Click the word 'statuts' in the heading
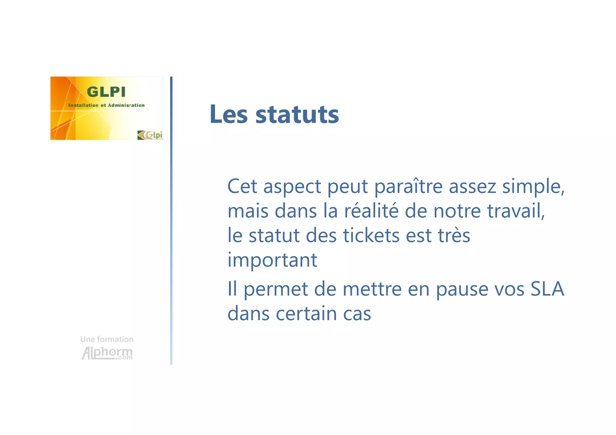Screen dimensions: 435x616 click(297, 115)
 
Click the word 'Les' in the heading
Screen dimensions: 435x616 click(229, 115)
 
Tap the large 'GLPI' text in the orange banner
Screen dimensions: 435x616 click(106, 92)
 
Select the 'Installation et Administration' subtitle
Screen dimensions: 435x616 click(106, 105)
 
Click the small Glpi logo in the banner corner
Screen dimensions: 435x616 click(150, 135)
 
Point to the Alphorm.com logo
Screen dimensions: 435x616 click(107, 353)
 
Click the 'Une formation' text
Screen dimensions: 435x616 click(107, 339)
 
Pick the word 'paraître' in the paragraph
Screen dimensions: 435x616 click(408, 187)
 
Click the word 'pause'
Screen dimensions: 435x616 click(462, 289)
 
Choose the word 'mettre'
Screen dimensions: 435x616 click(372, 289)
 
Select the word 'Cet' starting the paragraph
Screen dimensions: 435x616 click(242, 187)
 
